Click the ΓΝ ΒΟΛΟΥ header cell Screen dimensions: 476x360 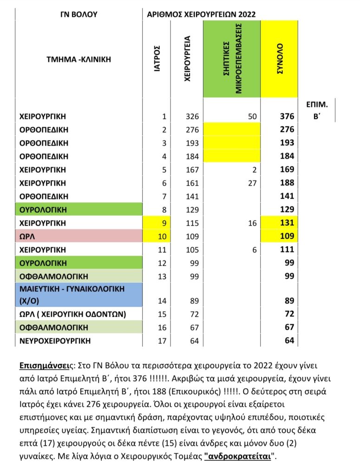(x=78, y=14)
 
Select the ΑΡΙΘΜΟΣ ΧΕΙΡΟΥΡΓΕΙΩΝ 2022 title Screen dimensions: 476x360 (x=201, y=14)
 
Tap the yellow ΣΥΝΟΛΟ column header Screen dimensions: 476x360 (x=280, y=59)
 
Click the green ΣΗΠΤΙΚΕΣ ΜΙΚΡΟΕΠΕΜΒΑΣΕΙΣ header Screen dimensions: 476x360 (x=232, y=59)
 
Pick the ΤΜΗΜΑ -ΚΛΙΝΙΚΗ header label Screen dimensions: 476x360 (x=78, y=59)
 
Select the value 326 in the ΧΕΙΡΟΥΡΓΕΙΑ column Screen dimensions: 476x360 (x=191, y=116)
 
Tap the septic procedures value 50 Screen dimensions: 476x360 (x=252, y=116)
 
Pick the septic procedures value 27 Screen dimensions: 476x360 (x=252, y=183)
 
